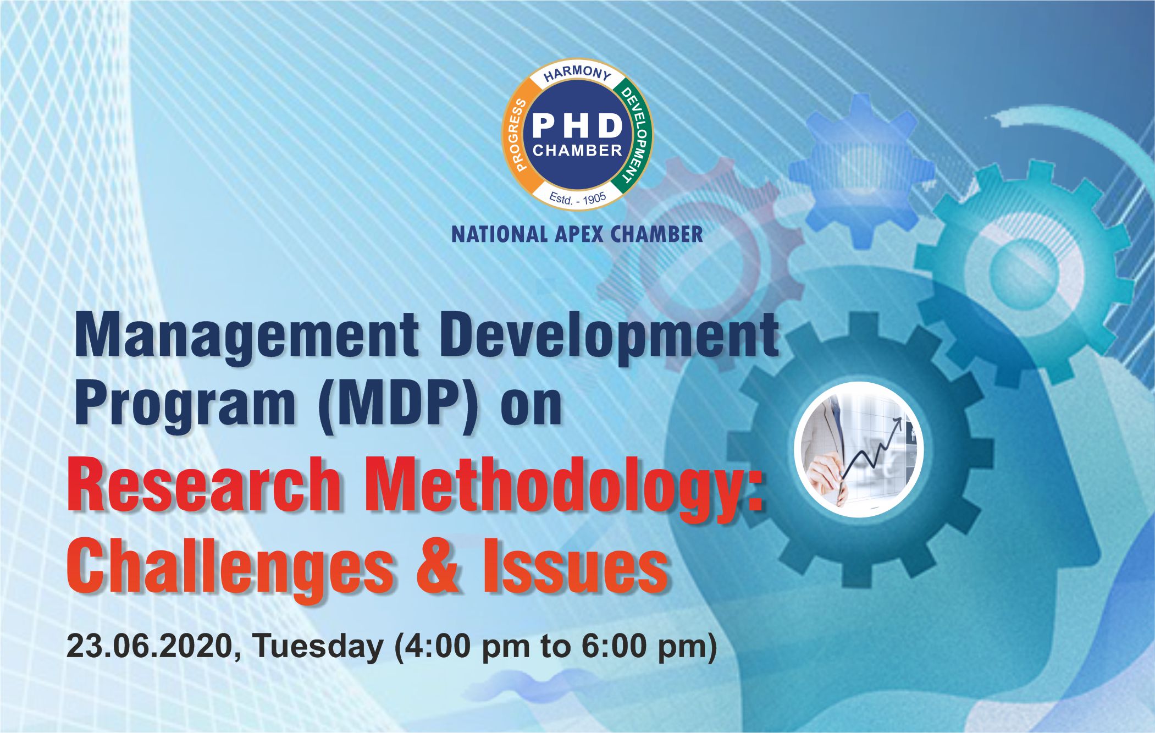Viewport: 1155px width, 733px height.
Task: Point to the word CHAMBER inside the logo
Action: click(x=577, y=151)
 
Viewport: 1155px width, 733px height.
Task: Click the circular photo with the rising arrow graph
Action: click(x=858, y=449)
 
